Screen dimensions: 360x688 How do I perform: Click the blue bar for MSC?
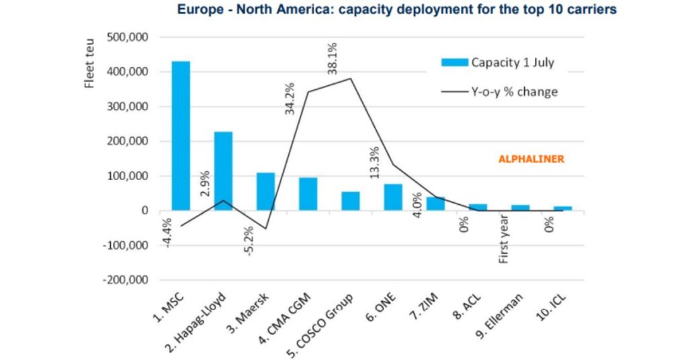click(181, 136)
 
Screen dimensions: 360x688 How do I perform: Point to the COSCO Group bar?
click(351, 201)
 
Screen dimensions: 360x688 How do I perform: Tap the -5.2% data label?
click(250, 241)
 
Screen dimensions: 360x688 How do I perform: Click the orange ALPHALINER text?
click(531, 160)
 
